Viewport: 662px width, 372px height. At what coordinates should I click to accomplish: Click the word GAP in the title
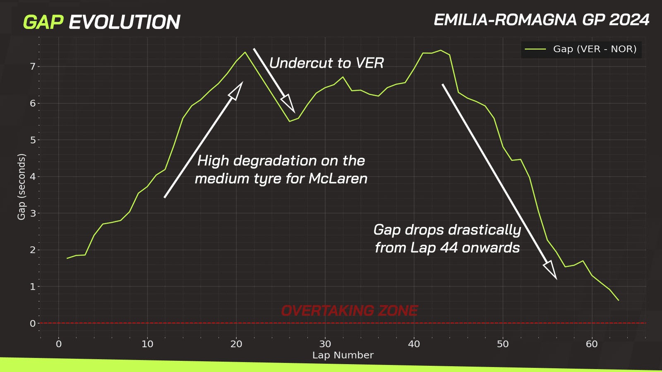pyautogui.click(x=43, y=22)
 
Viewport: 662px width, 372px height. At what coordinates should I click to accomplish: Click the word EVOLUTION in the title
pyautogui.click(x=124, y=22)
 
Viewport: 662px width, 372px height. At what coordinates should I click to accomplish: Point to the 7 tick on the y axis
pyautogui.click(x=33, y=67)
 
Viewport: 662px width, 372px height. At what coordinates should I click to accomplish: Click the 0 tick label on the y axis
pyautogui.click(x=33, y=323)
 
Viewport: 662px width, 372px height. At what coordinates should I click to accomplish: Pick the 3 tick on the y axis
pyautogui.click(x=33, y=213)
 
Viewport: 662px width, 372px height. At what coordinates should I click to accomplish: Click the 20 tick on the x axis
pyautogui.click(x=236, y=344)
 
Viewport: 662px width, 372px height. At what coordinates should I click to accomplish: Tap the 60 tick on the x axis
pyautogui.click(x=592, y=344)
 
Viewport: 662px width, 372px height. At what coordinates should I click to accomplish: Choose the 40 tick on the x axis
pyautogui.click(x=414, y=344)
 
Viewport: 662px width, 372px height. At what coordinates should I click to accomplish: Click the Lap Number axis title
pyautogui.click(x=343, y=355)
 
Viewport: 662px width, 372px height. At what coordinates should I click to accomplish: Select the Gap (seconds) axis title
pyautogui.click(x=22, y=186)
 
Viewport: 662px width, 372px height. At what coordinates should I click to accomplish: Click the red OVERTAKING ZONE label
pyautogui.click(x=349, y=310)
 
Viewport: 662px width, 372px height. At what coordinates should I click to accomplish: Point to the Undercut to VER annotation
pyautogui.click(x=326, y=63)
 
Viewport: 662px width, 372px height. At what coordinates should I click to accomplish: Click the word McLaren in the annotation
pyautogui.click(x=338, y=179)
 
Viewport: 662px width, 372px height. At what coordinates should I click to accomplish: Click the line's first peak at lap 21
pyautogui.click(x=245, y=52)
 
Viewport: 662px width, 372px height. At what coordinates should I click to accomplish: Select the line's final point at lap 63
pyautogui.click(x=619, y=300)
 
